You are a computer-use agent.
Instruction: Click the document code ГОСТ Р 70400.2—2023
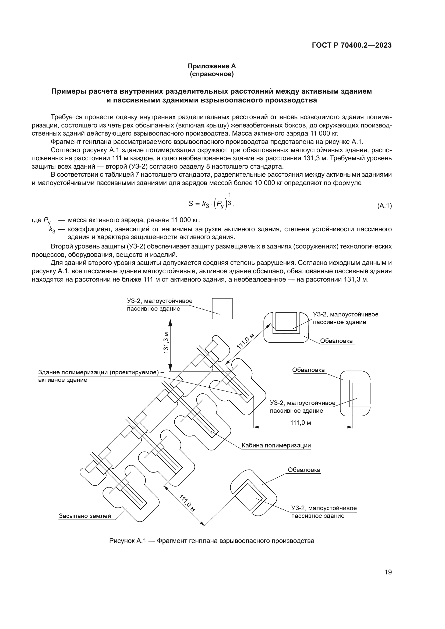click(352, 45)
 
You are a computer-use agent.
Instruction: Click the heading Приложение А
click(211, 66)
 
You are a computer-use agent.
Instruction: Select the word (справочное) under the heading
click(211, 74)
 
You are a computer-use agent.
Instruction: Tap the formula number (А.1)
click(384, 206)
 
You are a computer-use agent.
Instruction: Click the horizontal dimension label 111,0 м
click(301, 423)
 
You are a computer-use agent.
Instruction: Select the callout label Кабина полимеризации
click(276, 445)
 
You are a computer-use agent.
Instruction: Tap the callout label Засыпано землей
click(85, 516)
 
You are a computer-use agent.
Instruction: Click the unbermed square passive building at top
click(222, 308)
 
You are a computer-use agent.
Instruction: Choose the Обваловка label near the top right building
click(336, 341)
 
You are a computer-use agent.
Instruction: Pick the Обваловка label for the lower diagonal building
click(304, 470)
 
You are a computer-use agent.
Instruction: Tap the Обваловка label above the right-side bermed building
click(308, 370)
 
